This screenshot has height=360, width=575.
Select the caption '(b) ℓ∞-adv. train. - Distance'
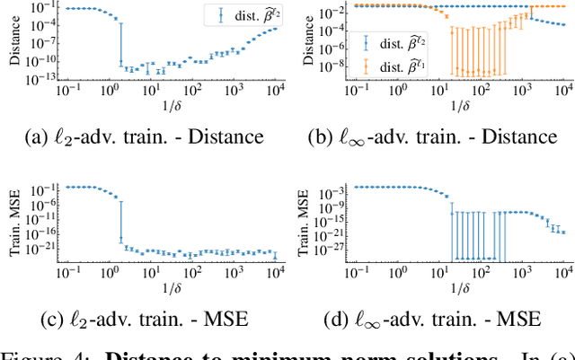tap(430, 137)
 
